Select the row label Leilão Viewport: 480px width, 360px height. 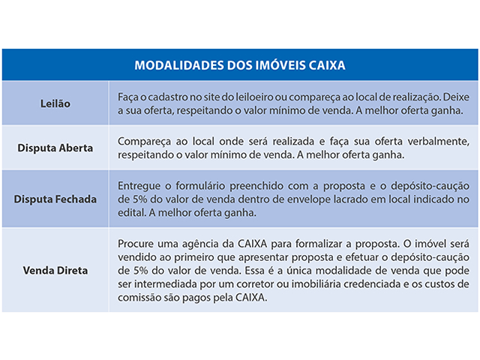(55, 104)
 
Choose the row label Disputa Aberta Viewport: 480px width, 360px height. (55, 148)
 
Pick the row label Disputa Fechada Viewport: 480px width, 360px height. (55, 199)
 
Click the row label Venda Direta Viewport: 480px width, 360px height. (55, 269)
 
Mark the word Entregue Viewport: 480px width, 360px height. (140, 186)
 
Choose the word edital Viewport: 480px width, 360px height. (132, 213)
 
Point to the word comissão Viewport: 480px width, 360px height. (143, 296)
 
